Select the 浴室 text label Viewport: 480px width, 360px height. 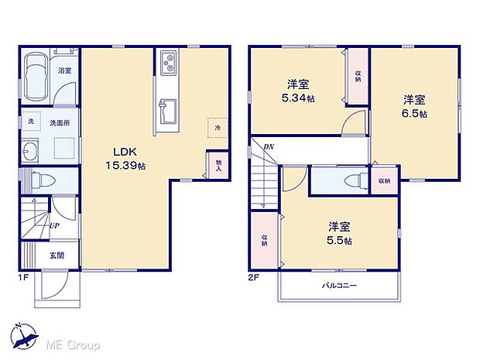point(65,70)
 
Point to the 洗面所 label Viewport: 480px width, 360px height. point(60,122)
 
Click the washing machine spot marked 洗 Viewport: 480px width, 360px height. point(32,122)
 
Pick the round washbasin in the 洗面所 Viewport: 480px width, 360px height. point(31,151)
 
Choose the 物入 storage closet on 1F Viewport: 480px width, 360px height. point(218,165)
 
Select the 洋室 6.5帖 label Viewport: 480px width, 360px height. point(415,106)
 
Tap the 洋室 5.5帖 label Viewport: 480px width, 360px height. point(341,234)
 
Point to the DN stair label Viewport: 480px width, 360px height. point(269,146)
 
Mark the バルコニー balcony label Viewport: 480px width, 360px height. point(339,286)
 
